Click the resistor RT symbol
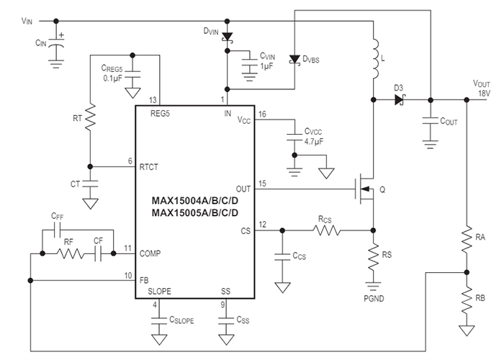tap(89, 119)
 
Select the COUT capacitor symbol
tap(430, 121)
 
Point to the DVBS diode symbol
tap(294, 60)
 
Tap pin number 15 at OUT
tap(262, 184)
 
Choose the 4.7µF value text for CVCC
tap(315, 143)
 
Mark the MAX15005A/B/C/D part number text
tap(194, 213)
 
